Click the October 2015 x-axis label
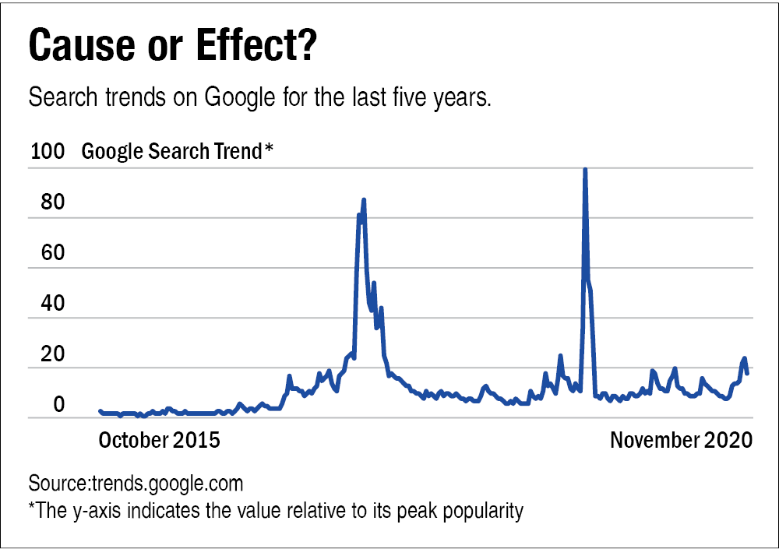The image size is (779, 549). (159, 440)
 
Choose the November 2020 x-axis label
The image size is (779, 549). (681, 440)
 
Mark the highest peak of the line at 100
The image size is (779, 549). (584, 170)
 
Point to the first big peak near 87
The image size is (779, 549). (364, 201)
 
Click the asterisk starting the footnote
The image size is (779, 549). (32, 509)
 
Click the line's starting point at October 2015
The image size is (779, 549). (100, 410)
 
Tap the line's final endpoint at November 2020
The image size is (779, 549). (748, 373)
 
